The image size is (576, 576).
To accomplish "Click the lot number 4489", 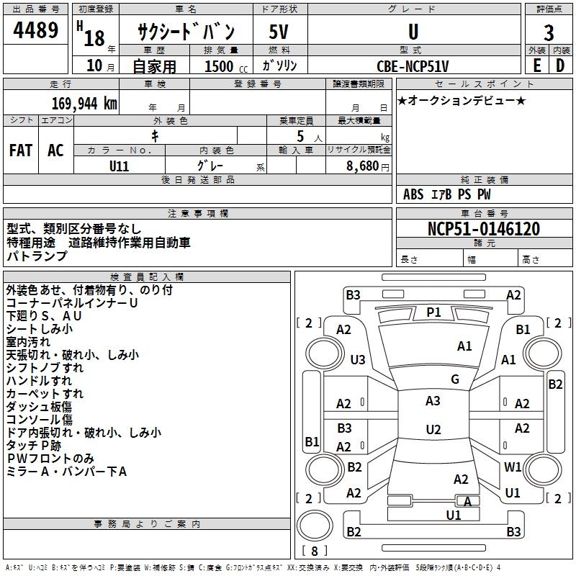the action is [x=36, y=32].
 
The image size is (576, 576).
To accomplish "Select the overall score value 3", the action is [x=549, y=33].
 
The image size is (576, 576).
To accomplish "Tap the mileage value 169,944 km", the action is [x=84, y=103].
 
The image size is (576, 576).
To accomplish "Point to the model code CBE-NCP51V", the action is [x=413, y=66].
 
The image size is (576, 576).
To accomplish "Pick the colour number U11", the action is [x=120, y=165].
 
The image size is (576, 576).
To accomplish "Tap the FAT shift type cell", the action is [x=21, y=150].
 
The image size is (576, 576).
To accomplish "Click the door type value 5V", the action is [x=279, y=33].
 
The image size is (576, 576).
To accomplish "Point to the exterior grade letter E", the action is [x=536, y=66].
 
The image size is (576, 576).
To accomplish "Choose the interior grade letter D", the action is [x=560, y=66].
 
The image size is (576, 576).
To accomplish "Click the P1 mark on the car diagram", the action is [x=433, y=312].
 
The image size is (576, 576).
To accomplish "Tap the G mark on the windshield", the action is [x=454, y=379].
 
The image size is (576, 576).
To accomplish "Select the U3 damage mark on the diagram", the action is [x=358, y=359].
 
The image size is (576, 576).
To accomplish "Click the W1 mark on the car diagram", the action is [x=513, y=467].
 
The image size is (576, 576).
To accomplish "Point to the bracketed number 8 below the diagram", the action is [x=315, y=551].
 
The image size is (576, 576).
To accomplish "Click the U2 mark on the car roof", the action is [x=433, y=430].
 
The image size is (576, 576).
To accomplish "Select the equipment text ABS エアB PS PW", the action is [x=447, y=194].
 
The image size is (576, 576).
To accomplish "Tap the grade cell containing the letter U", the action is [x=413, y=32].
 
